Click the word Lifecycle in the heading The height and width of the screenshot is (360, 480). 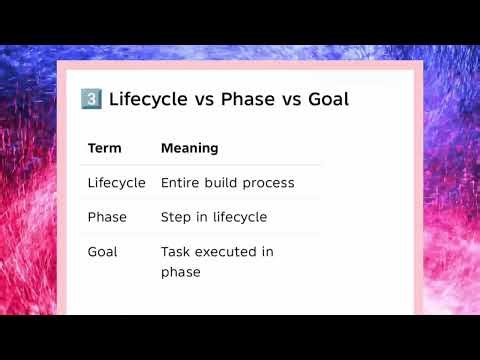149,100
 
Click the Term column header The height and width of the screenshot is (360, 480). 104,148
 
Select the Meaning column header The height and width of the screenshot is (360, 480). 189,148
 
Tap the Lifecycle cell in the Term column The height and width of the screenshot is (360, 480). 116,183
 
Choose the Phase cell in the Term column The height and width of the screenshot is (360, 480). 107,217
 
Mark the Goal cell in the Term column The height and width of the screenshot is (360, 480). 103,252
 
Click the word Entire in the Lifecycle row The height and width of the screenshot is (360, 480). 181,183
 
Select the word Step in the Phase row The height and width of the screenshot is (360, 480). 176,217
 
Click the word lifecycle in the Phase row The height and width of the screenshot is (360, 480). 239,217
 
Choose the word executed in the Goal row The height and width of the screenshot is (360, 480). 227,252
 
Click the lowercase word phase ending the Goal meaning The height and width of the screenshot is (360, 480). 181,272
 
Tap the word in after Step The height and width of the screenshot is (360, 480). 202,217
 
